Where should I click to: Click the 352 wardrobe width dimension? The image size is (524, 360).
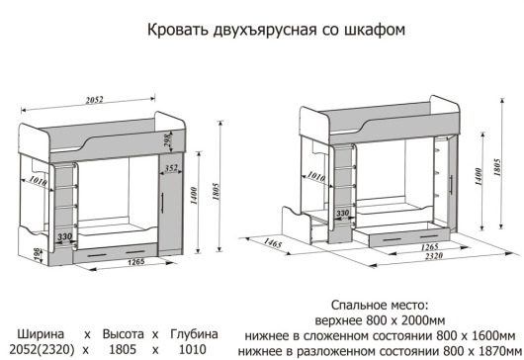tap(172, 168)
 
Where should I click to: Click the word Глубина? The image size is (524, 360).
tap(195, 333)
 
